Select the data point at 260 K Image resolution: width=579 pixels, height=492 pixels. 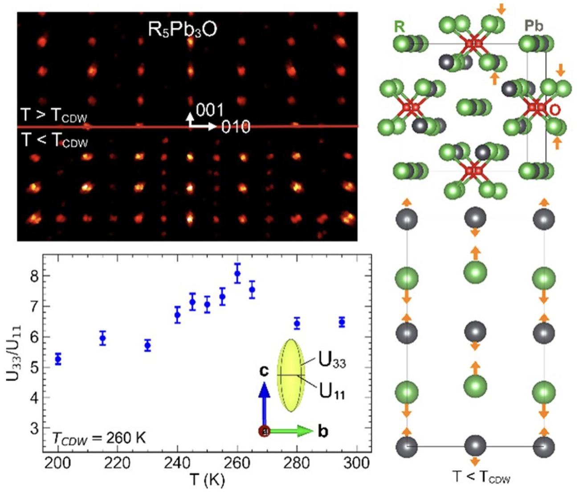point(237,273)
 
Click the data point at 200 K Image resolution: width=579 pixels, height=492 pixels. point(58,358)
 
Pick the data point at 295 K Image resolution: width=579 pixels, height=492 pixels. point(342,322)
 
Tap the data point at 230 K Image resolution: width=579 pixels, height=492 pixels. point(147,346)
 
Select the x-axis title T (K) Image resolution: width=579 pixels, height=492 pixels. point(207,480)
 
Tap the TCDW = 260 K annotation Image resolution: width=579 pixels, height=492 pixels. point(99,438)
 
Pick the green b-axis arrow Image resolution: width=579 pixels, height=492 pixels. point(294,431)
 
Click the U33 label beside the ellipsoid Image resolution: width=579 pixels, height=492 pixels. point(332,361)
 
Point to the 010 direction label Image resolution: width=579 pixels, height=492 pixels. point(236,127)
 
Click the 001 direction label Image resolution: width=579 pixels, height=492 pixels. point(210,110)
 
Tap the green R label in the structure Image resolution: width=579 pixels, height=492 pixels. point(400,26)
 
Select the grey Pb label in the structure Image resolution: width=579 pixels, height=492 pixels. point(534,26)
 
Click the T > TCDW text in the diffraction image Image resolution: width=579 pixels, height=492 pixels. point(54,116)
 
